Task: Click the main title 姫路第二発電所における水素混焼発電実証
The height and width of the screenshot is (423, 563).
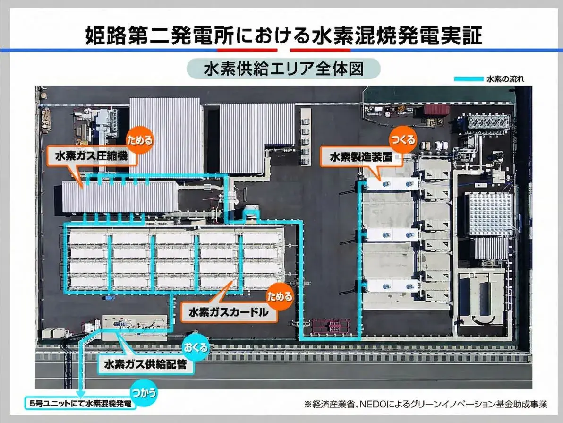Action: click(x=283, y=35)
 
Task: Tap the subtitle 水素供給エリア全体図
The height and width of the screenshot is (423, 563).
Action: click(x=283, y=68)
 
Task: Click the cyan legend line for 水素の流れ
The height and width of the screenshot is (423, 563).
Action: click(x=468, y=79)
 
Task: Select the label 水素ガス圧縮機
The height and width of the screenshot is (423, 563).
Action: click(x=92, y=156)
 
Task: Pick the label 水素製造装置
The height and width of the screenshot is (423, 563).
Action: click(x=361, y=157)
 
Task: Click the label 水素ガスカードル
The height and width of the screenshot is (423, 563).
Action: click(x=229, y=312)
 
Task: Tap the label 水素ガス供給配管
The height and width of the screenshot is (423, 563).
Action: click(x=145, y=364)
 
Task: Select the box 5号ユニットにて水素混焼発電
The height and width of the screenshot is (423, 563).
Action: click(x=80, y=403)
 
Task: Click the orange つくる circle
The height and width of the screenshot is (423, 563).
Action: click(x=403, y=139)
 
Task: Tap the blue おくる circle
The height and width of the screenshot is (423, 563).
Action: click(x=196, y=347)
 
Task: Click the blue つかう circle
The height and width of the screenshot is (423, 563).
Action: click(x=145, y=393)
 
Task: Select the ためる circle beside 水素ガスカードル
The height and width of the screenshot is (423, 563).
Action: click(x=279, y=297)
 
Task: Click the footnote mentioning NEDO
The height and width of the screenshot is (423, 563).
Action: click(x=426, y=404)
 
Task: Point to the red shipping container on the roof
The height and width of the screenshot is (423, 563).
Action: click(x=437, y=110)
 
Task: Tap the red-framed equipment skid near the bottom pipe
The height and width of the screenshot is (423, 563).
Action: click(x=332, y=327)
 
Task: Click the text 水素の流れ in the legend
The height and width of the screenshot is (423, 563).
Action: click(x=505, y=79)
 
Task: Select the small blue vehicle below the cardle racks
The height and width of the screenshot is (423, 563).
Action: click(x=110, y=298)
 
